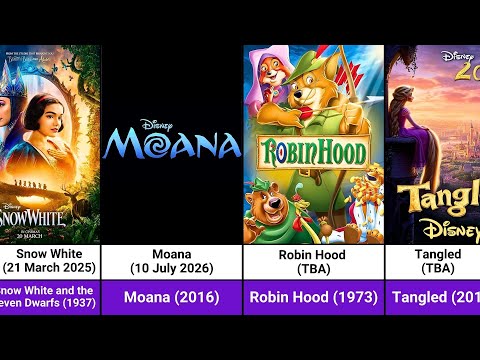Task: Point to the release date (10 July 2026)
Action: (172, 268)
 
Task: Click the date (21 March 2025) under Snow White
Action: (51, 268)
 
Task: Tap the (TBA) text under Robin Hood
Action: (313, 268)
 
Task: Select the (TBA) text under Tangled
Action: (436, 268)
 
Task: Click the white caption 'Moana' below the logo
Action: (172, 254)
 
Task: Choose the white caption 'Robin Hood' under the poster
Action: (313, 254)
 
